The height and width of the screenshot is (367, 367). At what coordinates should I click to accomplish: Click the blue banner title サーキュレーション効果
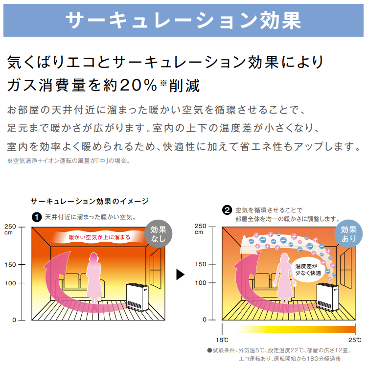point(183,21)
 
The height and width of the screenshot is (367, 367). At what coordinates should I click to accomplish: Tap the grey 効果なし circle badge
point(159,234)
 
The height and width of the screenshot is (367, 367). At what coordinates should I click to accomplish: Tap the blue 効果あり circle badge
point(349,233)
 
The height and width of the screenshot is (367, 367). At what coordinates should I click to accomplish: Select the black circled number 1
point(37,217)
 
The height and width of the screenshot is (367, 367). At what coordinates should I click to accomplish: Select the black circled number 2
point(227,210)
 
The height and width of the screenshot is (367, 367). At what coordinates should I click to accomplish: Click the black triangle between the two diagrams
point(180,275)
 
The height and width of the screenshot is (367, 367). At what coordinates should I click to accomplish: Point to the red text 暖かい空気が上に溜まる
point(99,237)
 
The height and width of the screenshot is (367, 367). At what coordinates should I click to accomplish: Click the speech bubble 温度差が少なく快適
point(308,270)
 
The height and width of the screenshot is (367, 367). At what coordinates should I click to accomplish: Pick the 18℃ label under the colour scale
point(222,340)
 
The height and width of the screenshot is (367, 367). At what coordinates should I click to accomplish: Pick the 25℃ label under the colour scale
point(355,340)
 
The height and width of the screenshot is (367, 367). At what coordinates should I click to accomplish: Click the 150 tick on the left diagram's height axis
point(10,265)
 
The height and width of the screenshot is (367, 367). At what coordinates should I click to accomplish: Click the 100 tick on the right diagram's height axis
point(201,283)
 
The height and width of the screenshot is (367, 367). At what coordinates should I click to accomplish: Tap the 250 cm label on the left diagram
point(10,229)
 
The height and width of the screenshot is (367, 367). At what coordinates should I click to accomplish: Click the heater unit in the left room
point(137,297)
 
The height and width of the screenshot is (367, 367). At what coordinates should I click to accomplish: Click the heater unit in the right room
point(328,297)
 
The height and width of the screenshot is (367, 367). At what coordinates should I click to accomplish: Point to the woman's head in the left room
point(93,258)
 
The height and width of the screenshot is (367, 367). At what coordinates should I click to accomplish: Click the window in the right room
point(345,268)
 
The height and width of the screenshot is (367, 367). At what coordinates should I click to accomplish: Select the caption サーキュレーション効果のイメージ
point(90,201)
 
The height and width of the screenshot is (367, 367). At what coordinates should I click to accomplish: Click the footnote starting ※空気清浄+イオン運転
point(69,161)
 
